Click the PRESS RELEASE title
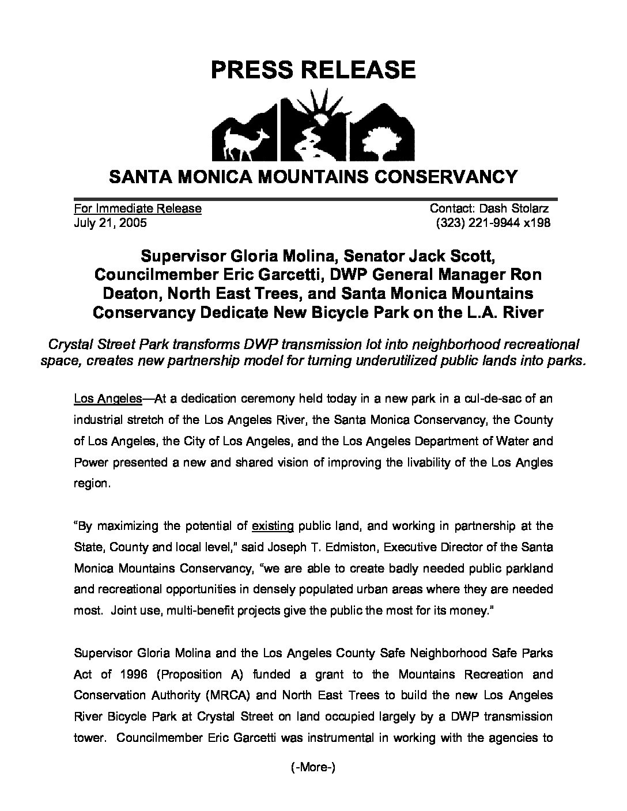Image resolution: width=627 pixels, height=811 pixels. coord(313,69)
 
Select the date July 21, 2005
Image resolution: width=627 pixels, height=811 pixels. coord(110,223)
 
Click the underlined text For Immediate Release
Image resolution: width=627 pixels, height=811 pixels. coord(138,209)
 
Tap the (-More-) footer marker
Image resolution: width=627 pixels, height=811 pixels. coord(313,767)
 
